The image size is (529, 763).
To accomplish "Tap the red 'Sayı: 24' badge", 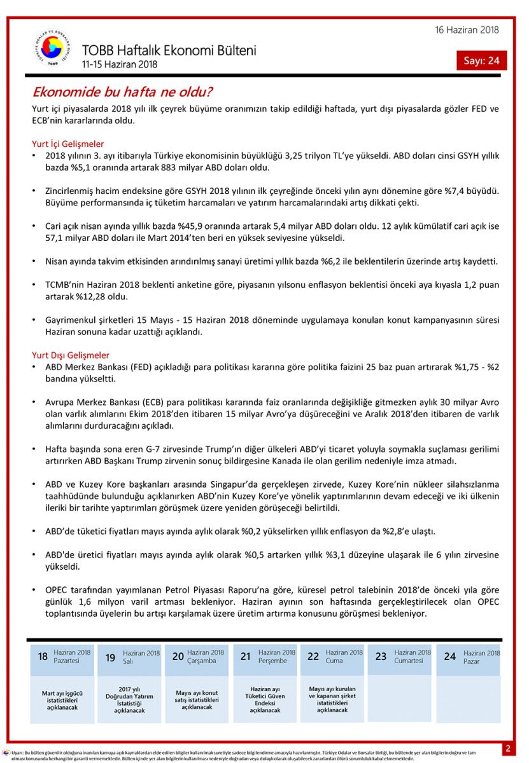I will click(x=481, y=60).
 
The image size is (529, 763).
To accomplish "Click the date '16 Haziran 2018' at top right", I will click(x=467, y=30).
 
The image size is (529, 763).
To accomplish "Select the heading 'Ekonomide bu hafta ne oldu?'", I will click(x=122, y=92).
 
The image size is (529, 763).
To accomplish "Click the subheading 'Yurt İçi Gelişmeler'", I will click(x=67, y=144).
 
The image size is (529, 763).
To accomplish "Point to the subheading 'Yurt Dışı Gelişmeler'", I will click(x=71, y=355).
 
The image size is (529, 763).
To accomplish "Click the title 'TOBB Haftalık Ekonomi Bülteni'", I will click(x=169, y=50).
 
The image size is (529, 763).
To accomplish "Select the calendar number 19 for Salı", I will click(x=110, y=657).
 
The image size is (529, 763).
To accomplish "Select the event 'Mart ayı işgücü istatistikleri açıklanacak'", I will click(x=62, y=699).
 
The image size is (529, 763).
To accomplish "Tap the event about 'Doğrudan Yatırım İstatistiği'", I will click(x=129, y=699).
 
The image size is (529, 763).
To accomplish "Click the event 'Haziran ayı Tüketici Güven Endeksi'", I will click(x=265, y=699).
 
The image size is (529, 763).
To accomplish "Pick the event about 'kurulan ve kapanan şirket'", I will click(x=332, y=699).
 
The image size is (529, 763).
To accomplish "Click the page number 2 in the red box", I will click(x=508, y=748).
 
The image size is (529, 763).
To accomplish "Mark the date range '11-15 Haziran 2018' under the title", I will click(x=119, y=64).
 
